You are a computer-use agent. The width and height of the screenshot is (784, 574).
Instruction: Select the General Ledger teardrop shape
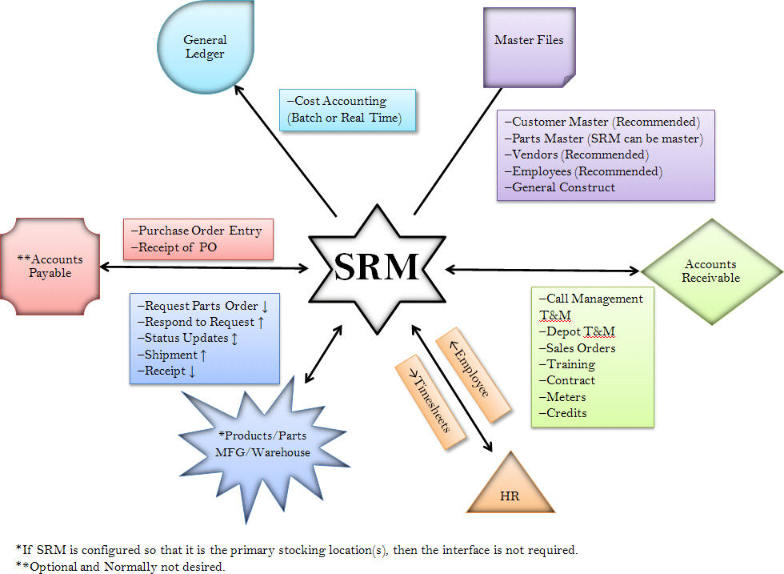[206, 47]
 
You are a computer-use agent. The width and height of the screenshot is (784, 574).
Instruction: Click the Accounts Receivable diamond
[710, 271]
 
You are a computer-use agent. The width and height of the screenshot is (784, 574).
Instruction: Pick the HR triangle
[510, 488]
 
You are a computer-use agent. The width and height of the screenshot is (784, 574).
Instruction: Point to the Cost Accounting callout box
[347, 110]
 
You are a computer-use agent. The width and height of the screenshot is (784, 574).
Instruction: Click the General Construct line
[560, 187]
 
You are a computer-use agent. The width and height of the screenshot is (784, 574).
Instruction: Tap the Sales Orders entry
[577, 348]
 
